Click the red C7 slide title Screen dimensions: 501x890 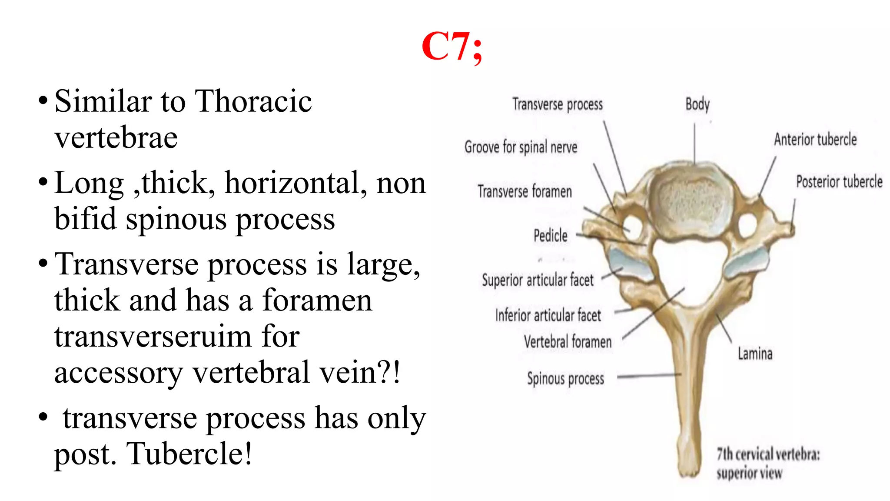tap(452, 47)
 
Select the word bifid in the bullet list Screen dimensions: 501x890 tap(85, 218)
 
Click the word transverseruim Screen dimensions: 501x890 tap(176, 337)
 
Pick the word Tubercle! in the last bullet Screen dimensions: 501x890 tap(189, 454)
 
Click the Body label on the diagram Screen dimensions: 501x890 tap(697, 104)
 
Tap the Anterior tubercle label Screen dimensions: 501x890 tap(815, 140)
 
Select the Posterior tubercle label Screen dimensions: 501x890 tap(839, 181)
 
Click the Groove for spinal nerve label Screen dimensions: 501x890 tap(521, 147)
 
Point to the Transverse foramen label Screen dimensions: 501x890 tap(525, 191)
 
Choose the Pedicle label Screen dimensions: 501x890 tap(550, 236)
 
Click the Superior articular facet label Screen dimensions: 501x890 tap(538, 280)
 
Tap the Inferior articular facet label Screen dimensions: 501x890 tap(548, 315)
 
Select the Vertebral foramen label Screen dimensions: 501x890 tap(568, 342)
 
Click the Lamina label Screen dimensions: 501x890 tap(755, 354)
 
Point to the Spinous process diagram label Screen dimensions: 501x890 tap(565, 379)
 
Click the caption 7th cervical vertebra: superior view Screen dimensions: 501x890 tap(768, 464)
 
